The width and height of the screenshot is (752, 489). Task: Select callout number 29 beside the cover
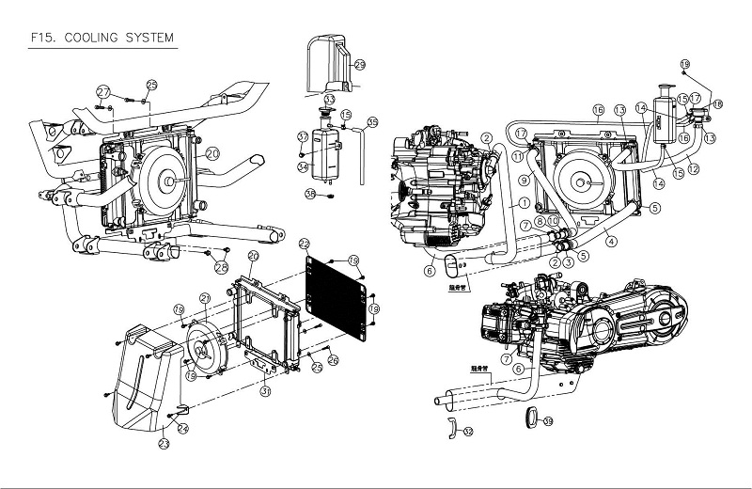pos(359,64)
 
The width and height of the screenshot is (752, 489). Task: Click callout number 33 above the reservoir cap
pos(330,99)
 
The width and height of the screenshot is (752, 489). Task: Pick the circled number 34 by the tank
pos(304,167)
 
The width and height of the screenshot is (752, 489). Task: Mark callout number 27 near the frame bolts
pos(104,90)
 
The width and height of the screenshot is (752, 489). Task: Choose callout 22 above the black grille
pos(304,244)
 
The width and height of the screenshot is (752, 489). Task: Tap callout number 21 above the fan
pos(204,299)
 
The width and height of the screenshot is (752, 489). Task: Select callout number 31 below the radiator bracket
pos(265,391)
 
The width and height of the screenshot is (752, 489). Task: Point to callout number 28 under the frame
pos(221,266)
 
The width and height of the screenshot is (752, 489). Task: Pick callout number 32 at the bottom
pos(468,432)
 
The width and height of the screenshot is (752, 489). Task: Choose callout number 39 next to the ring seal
pos(549,420)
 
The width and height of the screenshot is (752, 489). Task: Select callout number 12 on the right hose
pos(694,169)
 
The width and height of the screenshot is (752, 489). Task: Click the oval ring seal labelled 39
pos(528,418)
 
